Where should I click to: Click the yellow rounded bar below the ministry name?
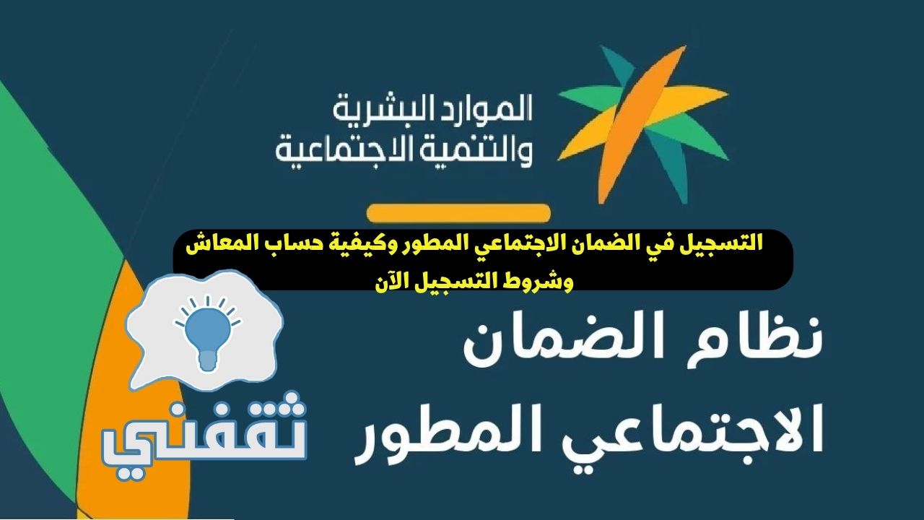click(x=458, y=213)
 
